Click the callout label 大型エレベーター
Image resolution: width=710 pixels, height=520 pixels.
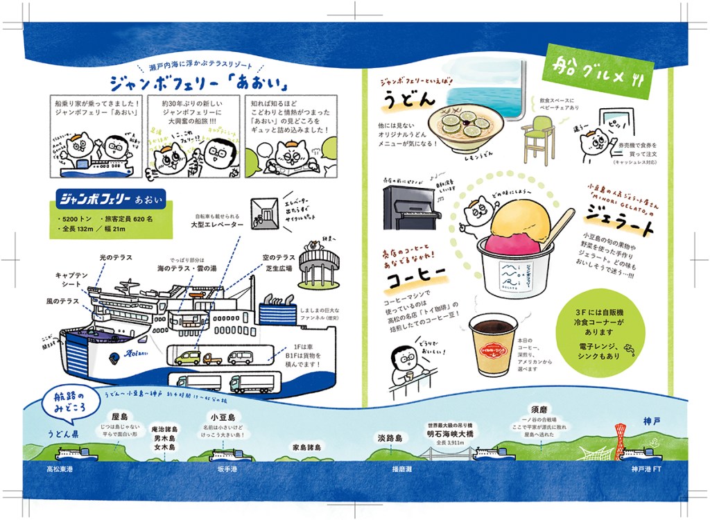(x=218, y=225)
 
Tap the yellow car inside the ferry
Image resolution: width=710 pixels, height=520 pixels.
(x=187, y=358)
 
